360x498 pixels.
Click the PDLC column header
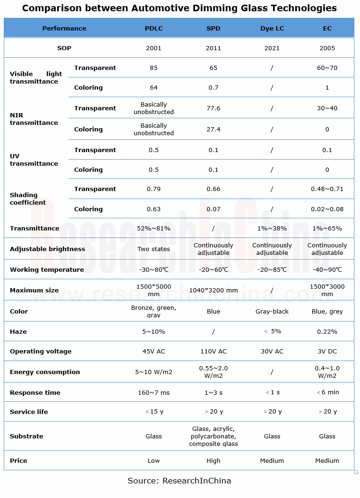click(153, 28)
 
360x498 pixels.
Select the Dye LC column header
click(272, 28)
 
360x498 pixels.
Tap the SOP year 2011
click(213, 48)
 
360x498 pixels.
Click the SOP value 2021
click(272, 48)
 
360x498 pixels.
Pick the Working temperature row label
click(47, 269)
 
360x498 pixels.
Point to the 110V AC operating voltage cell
click(213, 351)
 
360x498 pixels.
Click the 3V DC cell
click(327, 351)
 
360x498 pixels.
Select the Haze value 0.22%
click(327, 331)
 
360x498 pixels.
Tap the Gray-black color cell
click(272, 311)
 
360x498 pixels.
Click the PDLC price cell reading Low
click(153, 460)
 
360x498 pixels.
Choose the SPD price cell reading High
click(213, 460)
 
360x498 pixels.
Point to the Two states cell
click(153, 249)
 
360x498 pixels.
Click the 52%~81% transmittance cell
click(153, 228)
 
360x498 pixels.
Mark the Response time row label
click(35, 392)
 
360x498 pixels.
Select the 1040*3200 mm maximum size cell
click(213, 290)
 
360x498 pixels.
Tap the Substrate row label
click(26, 436)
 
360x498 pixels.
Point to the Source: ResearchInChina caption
click(179, 481)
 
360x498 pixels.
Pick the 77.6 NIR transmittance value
click(213, 108)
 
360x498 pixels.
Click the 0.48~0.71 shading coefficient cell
click(327, 189)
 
